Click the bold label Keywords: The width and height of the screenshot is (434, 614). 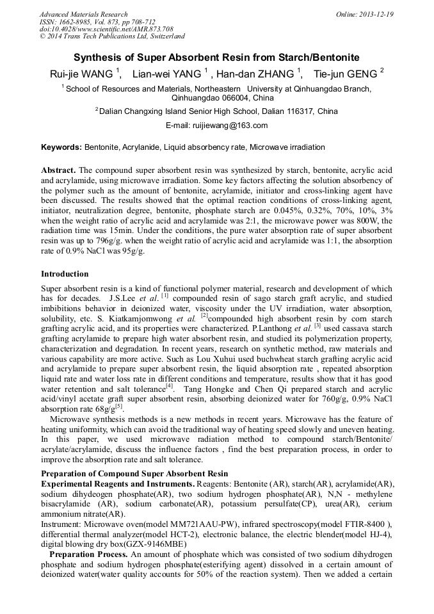pyautogui.click(x=61, y=147)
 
